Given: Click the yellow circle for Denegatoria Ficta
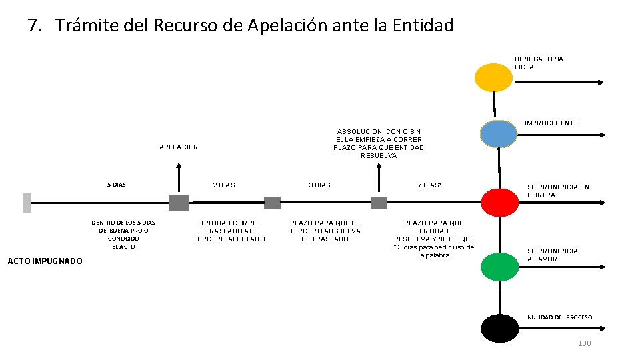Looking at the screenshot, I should [493, 77].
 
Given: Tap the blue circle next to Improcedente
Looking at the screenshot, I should [498, 133].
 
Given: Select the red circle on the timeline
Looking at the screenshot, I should [500, 202].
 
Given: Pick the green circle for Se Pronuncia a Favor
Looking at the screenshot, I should [500, 267].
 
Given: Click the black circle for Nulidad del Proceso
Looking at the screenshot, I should [500, 327].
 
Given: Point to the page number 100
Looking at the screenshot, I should [584, 343].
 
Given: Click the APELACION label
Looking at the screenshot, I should [179, 147].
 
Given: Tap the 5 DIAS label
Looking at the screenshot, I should [117, 185].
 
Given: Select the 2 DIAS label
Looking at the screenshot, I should [223, 185].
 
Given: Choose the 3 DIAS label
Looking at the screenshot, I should [319, 185].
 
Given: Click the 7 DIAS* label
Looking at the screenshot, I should [429, 185].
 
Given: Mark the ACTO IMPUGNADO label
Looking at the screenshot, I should [44, 261].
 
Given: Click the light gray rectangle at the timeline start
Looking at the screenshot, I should [27, 202].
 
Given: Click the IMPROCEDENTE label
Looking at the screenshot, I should [551, 123].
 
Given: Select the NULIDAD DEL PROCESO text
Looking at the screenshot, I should [559, 317].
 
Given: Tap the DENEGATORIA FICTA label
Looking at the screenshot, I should [539, 63].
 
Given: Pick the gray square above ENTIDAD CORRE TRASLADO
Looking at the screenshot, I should [272, 203].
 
